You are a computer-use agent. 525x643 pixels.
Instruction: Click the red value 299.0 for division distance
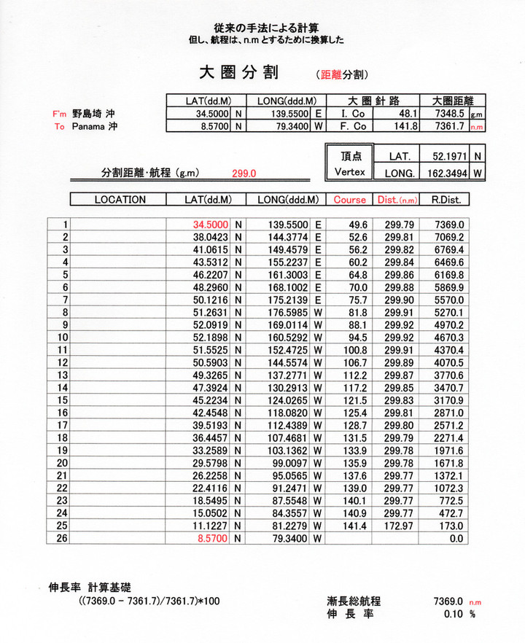pyautogui.click(x=244, y=174)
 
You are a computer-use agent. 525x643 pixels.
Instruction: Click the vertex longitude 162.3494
pyautogui.click(x=448, y=173)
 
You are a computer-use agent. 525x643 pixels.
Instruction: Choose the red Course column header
pyautogui.click(x=349, y=199)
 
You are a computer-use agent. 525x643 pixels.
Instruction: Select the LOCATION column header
pyautogui.click(x=120, y=199)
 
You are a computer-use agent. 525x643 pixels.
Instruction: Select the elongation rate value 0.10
pyautogui.click(x=454, y=614)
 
